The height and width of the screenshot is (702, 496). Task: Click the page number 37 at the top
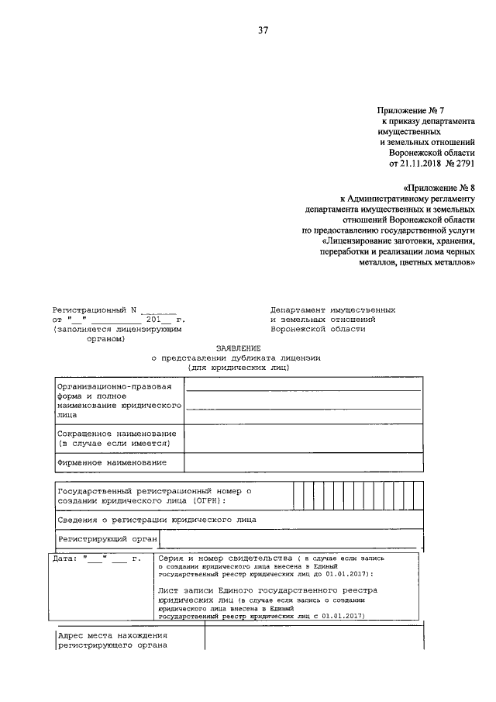click(x=263, y=32)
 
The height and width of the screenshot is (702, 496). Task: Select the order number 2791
click(x=462, y=164)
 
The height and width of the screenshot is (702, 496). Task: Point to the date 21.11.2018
click(x=420, y=164)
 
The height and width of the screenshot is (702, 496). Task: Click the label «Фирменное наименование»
click(x=112, y=462)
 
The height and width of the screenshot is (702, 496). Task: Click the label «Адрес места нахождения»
click(x=114, y=636)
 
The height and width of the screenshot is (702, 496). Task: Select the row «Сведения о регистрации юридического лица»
click(x=156, y=519)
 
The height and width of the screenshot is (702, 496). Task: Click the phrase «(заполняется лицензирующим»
click(x=117, y=329)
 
